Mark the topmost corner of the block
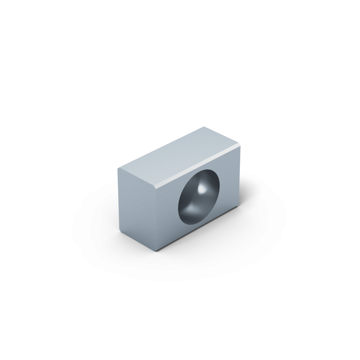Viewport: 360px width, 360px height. click(204, 127)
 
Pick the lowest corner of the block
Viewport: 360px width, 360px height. click(154, 251)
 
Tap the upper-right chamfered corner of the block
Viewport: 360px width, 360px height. click(240, 146)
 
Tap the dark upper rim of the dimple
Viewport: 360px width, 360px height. click(206, 171)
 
